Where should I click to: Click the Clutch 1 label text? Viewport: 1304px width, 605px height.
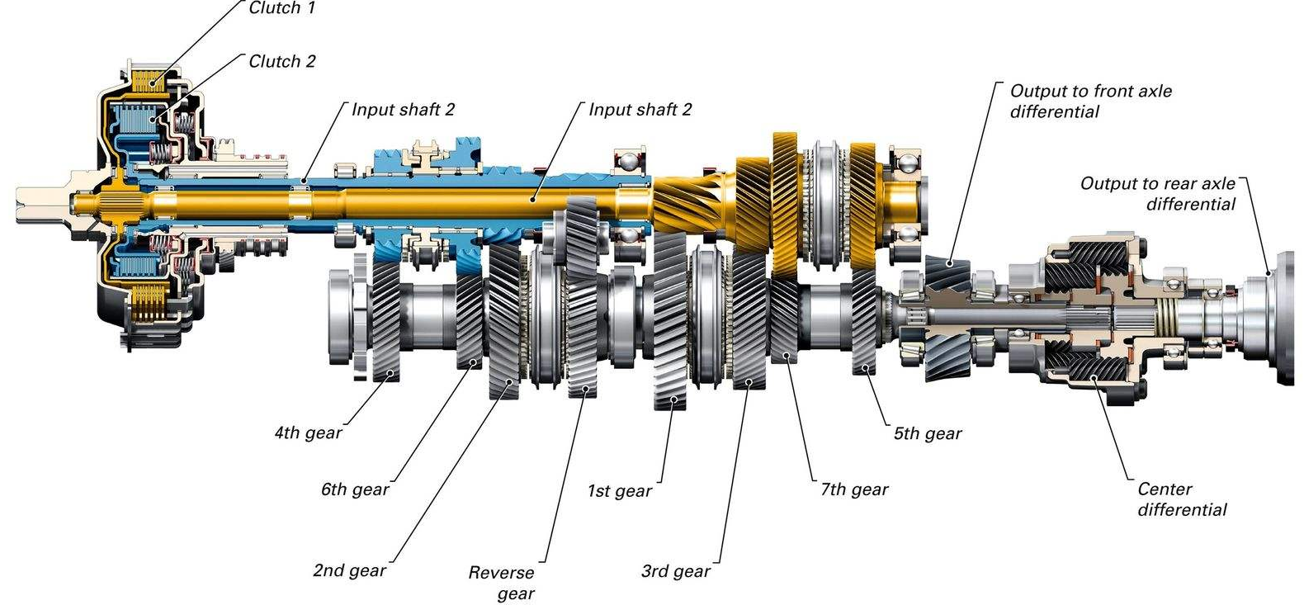point(281,8)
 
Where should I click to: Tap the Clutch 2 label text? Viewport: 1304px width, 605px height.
point(281,61)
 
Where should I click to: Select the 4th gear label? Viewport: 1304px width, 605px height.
point(307,432)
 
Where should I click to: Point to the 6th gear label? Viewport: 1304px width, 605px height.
point(354,489)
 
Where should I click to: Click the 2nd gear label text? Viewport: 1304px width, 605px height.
point(349,570)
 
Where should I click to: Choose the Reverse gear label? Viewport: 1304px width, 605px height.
point(502,583)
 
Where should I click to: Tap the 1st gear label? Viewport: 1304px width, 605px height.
point(619,491)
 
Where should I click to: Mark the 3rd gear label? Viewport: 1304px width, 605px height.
point(675,571)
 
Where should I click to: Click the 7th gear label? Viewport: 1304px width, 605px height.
point(853,489)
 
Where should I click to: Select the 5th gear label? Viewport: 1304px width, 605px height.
point(927,433)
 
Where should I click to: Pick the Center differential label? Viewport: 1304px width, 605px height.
point(1181,499)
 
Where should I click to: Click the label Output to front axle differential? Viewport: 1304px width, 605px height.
point(1089,101)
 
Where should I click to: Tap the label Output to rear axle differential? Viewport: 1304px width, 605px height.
point(1157,193)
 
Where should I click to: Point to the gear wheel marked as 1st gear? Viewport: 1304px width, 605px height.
point(669,322)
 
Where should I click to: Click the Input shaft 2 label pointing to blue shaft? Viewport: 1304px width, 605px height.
point(403,110)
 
